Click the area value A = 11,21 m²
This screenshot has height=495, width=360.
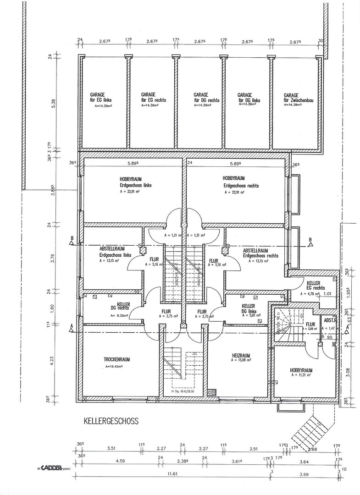(x=301, y=375)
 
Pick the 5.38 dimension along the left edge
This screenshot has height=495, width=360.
(x=53, y=103)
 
